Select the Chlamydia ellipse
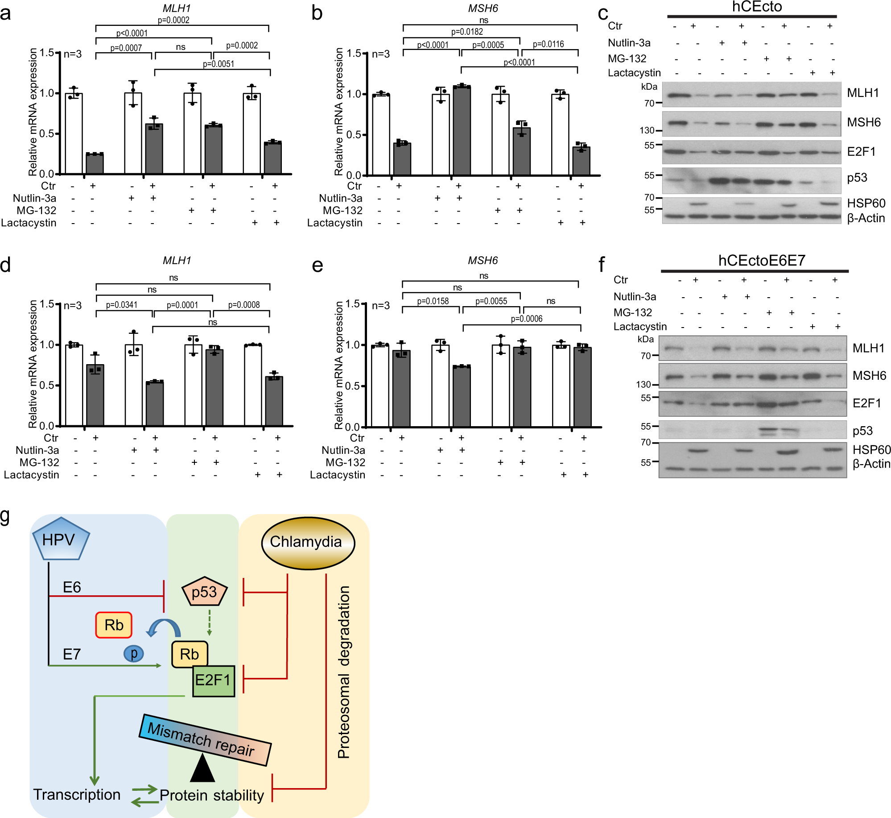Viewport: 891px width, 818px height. click(307, 542)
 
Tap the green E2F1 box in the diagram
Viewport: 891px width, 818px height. click(214, 681)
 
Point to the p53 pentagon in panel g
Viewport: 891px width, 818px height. click(205, 592)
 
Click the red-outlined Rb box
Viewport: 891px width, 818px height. click(114, 625)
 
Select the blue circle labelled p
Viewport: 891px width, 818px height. click(133, 653)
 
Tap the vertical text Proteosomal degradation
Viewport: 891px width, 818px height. click(343, 672)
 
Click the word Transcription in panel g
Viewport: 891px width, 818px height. click(77, 795)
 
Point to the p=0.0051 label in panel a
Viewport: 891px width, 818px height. click(219, 64)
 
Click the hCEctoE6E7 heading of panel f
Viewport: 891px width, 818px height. click(761, 260)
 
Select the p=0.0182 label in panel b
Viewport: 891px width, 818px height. click(467, 32)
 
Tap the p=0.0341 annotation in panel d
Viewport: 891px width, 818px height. click(122, 305)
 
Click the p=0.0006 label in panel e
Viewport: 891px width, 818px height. click(526, 319)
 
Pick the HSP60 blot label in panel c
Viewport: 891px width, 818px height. click(866, 203)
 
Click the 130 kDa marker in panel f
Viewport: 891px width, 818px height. click(643, 384)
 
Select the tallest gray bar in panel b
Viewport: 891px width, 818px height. click(462, 130)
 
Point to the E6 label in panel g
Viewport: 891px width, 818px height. click(72, 587)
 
